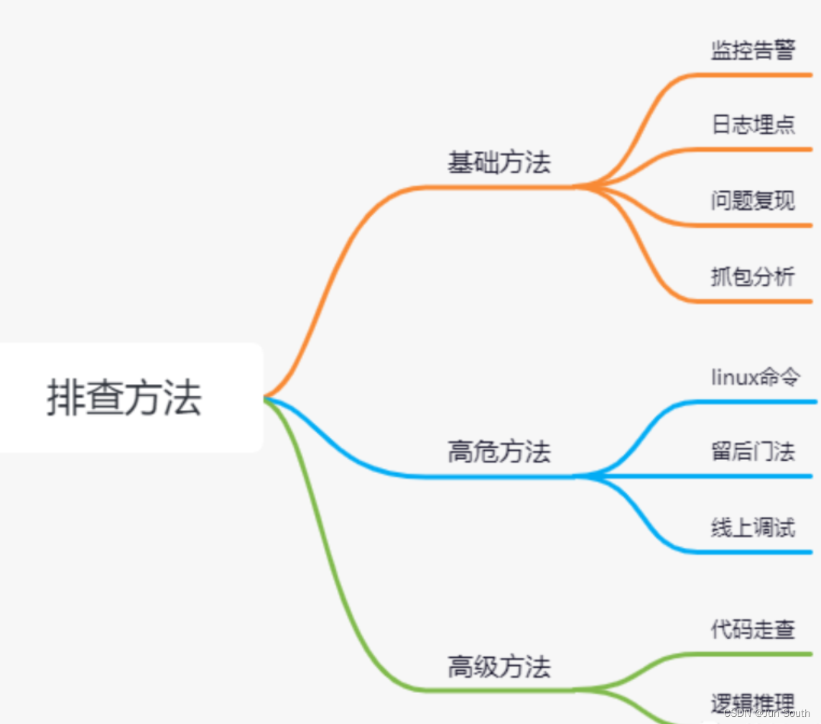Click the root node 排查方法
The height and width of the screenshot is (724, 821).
click(x=124, y=398)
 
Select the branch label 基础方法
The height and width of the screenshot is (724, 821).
click(x=499, y=162)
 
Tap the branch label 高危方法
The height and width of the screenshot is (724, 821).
click(x=499, y=452)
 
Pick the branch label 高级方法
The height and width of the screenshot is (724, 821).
click(x=499, y=666)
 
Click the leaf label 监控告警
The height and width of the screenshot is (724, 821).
click(x=753, y=50)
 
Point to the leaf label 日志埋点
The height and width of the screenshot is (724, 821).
click(x=753, y=124)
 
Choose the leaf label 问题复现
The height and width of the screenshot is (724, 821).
click(x=753, y=200)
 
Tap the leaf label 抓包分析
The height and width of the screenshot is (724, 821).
click(x=753, y=276)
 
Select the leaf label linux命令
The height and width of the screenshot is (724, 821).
click(x=756, y=377)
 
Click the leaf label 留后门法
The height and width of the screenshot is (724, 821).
click(x=753, y=452)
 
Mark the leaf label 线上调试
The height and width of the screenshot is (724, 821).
click(x=753, y=528)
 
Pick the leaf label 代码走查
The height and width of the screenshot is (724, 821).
click(x=753, y=630)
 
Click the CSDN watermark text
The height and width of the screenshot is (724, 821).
click(x=766, y=713)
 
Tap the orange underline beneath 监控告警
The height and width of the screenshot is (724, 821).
click(x=754, y=74)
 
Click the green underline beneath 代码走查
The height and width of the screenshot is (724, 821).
click(x=754, y=654)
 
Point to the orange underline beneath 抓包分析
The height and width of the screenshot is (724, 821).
click(x=754, y=301)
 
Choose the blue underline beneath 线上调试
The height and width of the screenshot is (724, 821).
click(x=754, y=551)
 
